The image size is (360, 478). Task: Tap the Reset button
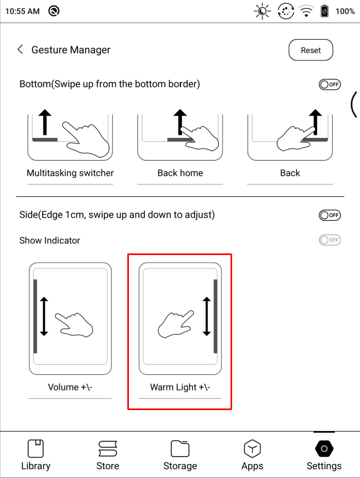(x=311, y=50)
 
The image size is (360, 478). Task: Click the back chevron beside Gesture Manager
(x=20, y=49)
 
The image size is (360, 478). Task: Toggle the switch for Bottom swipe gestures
(x=330, y=84)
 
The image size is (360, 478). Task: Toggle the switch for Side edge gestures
(x=330, y=215)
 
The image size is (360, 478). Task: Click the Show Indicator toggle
(x=330, y=240)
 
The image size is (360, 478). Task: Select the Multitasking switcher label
(x=70, y=173)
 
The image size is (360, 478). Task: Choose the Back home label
(x=180, y=173)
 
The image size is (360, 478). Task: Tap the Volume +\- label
(x=70, y=387)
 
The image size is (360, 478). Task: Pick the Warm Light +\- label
(x=180, y=387)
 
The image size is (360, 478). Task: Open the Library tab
(x=36, y=455)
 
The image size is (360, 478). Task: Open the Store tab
(x=108, y=455)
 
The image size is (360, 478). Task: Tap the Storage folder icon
(x=180, y=449)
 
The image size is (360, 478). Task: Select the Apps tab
(x=252, y=455)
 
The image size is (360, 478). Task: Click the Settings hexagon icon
(x=324, y=449)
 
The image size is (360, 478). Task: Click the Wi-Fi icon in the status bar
(x=306, y=12)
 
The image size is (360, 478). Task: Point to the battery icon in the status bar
(x=325, y=11)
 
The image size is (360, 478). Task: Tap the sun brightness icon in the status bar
(x=262, y=11)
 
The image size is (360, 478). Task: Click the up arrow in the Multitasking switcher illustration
(x=45, y=122)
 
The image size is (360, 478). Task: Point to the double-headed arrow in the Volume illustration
(x=44, y=317)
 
